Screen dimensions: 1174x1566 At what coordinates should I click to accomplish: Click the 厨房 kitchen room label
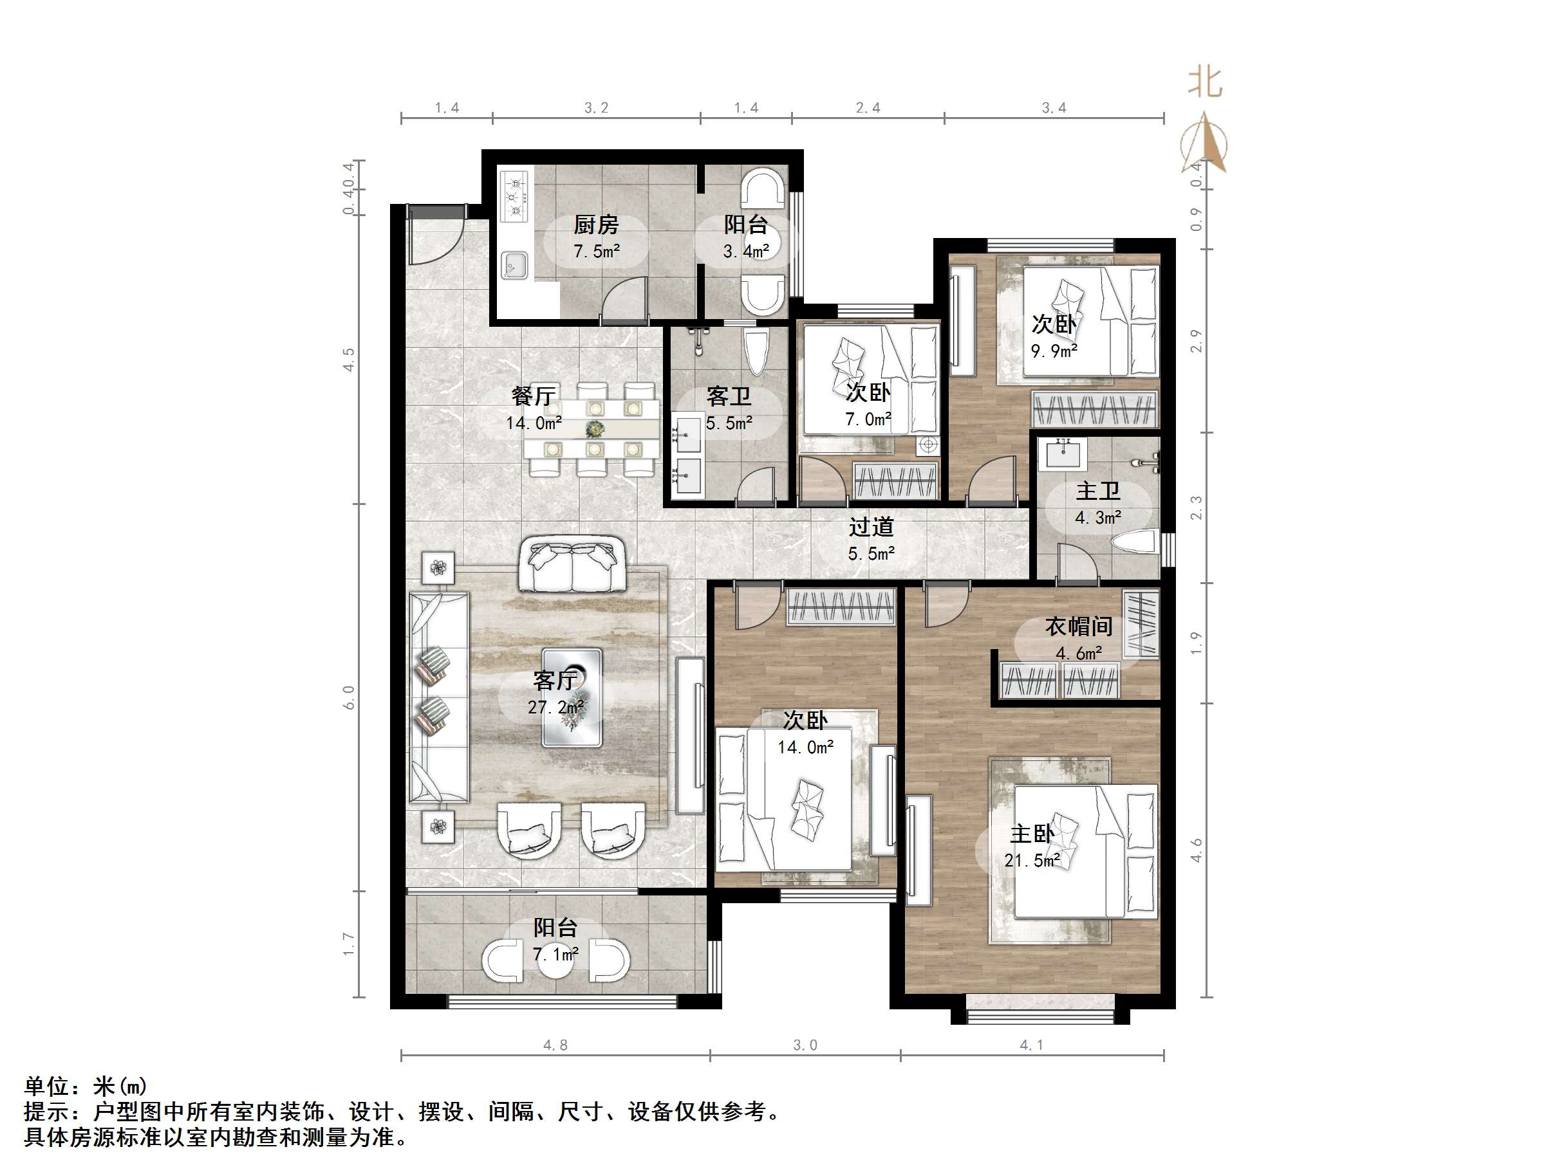point(595,225)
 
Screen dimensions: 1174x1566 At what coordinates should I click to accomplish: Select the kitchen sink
point(515,266)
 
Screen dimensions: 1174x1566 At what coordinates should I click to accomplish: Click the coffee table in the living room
point(572,698)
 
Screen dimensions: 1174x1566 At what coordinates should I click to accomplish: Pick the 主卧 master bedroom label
point(1032,834)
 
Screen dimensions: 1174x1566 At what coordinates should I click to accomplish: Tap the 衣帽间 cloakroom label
point(1078,627)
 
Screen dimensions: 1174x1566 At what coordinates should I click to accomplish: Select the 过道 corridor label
point(871,527)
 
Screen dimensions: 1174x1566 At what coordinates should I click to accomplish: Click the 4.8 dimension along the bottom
point(555,1045)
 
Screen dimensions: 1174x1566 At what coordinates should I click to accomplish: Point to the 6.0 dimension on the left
point(348,697)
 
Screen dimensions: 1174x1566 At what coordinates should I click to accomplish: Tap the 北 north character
point(1205,82)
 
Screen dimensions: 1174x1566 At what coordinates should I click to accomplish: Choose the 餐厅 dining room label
point(533,396)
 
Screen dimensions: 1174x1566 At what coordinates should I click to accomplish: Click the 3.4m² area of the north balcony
point(745,252)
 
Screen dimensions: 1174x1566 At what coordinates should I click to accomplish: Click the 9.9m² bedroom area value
point(1054,351)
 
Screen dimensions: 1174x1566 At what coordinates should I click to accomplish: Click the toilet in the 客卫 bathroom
point(756,352)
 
